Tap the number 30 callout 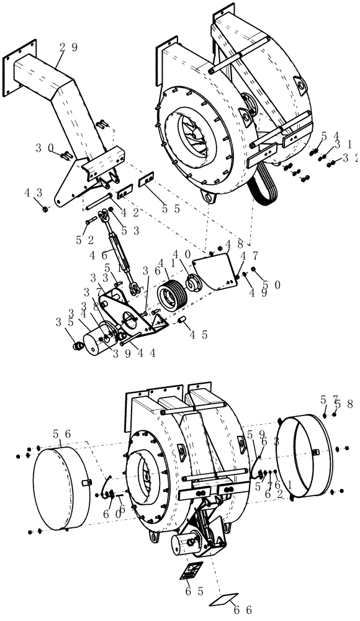pos(45,148)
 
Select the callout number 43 pos(33,193)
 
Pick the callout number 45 pos(198,334)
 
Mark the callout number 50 pos(271,284)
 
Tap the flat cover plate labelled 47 pos(214,271)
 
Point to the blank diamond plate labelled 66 pos(225,599)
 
